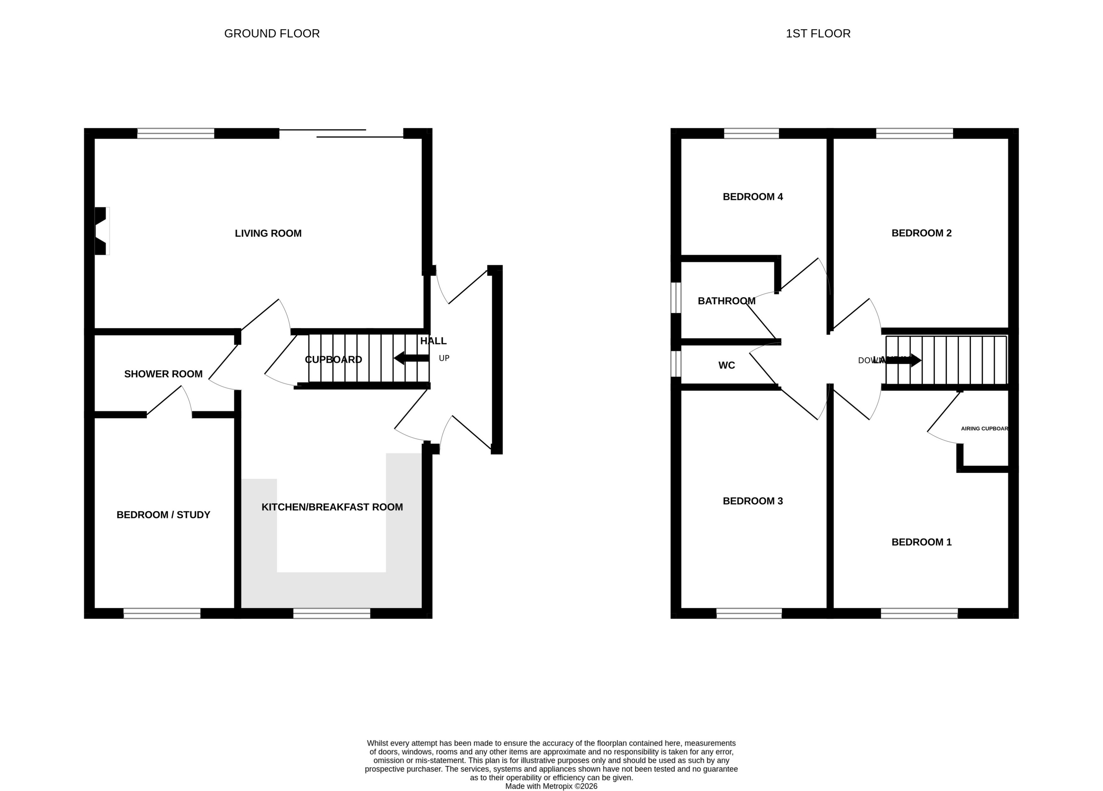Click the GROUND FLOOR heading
coord(272,34)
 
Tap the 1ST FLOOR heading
coord(818,34)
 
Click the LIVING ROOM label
coord(268,234)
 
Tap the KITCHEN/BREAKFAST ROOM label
coord(332,507)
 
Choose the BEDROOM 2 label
coord(921,233)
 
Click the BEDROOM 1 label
coord(921,542)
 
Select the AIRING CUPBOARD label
coord(984,429)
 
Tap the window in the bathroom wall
coord(676,298)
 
